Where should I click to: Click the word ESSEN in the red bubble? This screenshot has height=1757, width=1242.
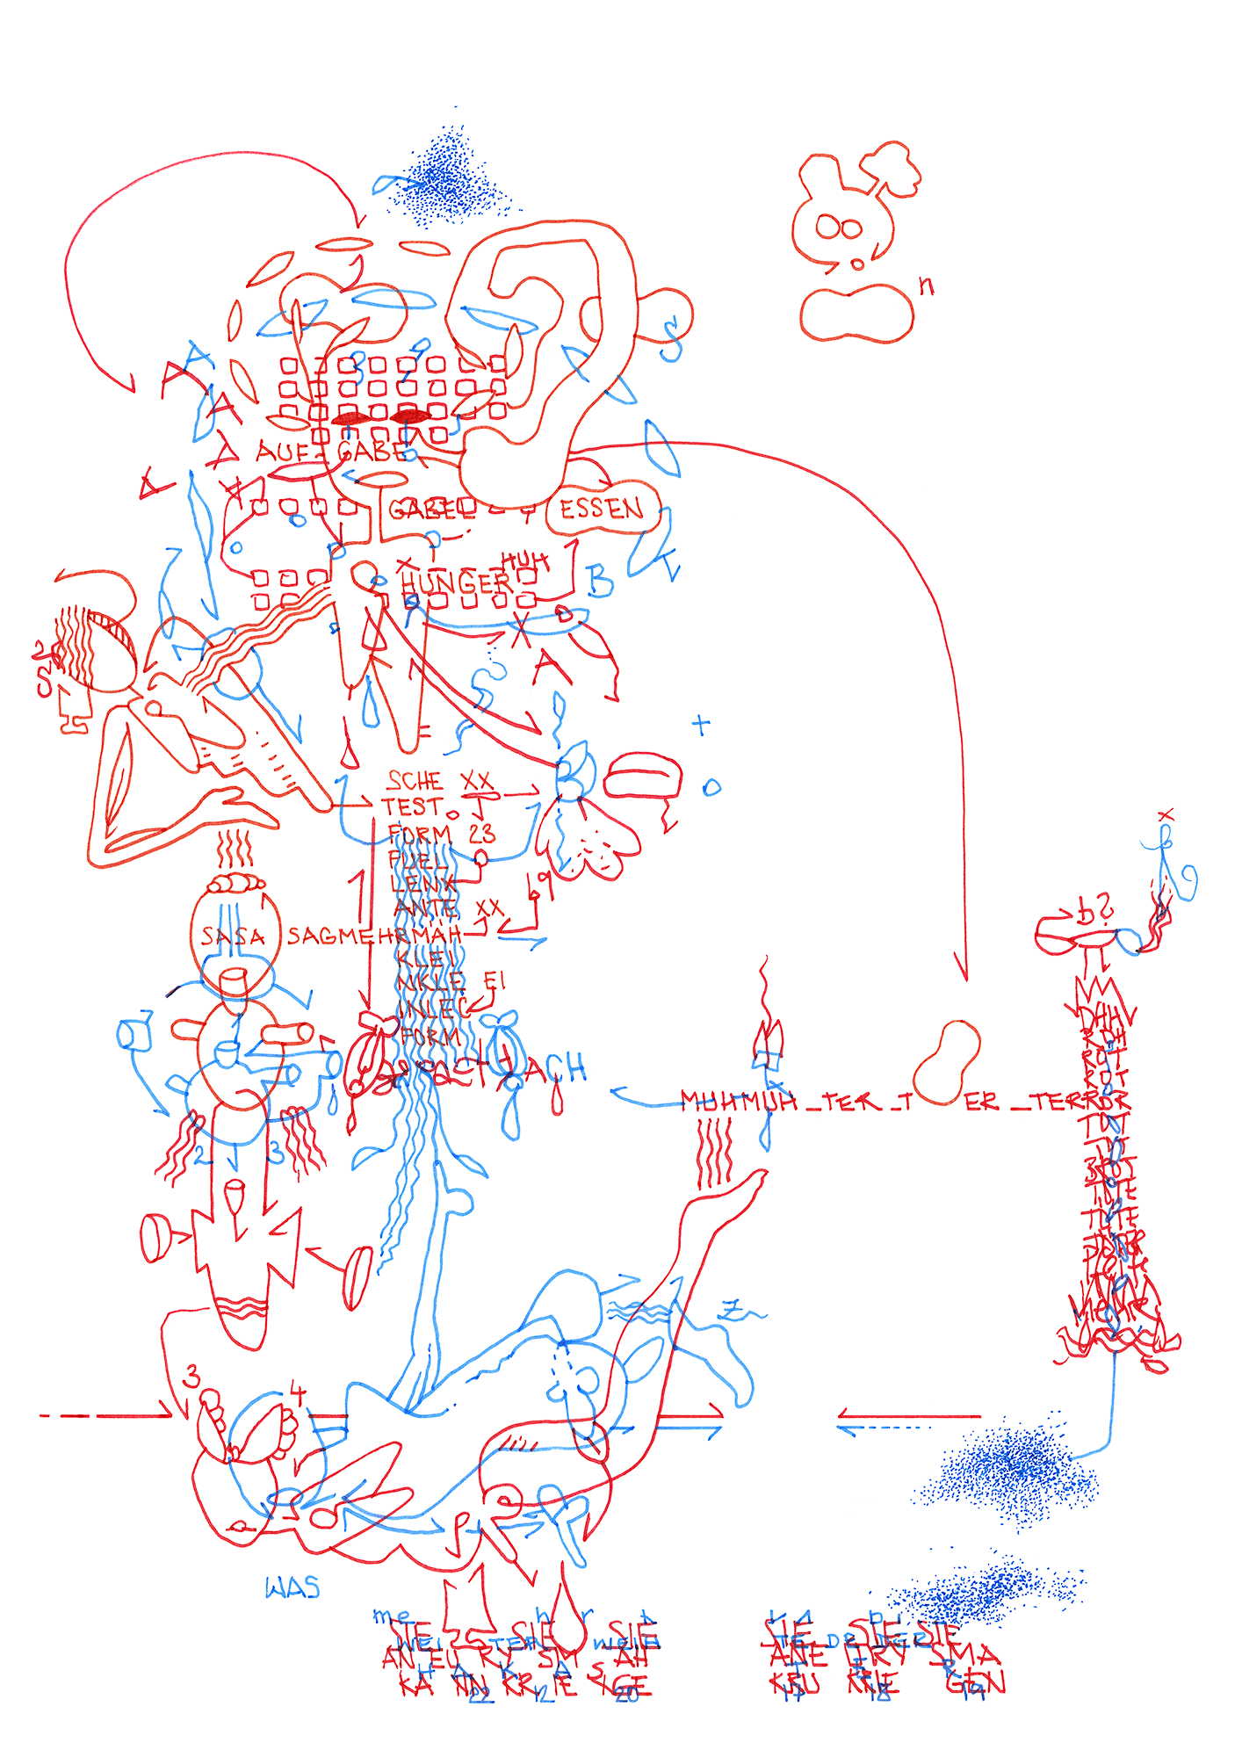click(x=602, y=509)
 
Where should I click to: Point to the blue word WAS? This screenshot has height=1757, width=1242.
click(x=292, y=1588)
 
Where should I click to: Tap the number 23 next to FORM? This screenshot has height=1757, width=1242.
click(x=481, y=833)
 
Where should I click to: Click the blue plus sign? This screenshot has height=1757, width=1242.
click(x=700, y=726)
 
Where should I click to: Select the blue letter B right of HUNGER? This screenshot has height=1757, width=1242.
click(x=600, y=581)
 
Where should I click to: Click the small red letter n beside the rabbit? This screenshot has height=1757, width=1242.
click(x=926, y=286)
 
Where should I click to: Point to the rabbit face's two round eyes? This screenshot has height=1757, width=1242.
click(x=839, y=228)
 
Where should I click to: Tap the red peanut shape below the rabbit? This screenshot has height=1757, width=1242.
click(x=856, y=313)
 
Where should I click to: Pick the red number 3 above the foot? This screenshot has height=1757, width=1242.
click(x=192, y=1377)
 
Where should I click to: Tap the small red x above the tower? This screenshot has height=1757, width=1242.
click(x=1166, y=816)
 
